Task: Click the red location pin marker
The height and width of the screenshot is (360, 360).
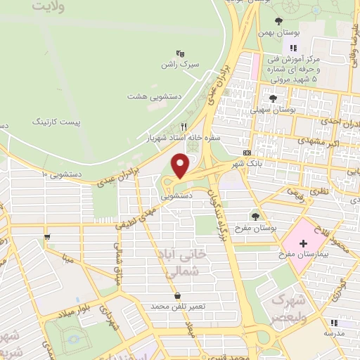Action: tap(181, 166)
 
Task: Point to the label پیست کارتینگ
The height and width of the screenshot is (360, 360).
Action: tap(57, 122)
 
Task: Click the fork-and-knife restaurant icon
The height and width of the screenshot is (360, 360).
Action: tap(184, 127)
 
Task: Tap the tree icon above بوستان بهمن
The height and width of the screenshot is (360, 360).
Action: tap(278, 20)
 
